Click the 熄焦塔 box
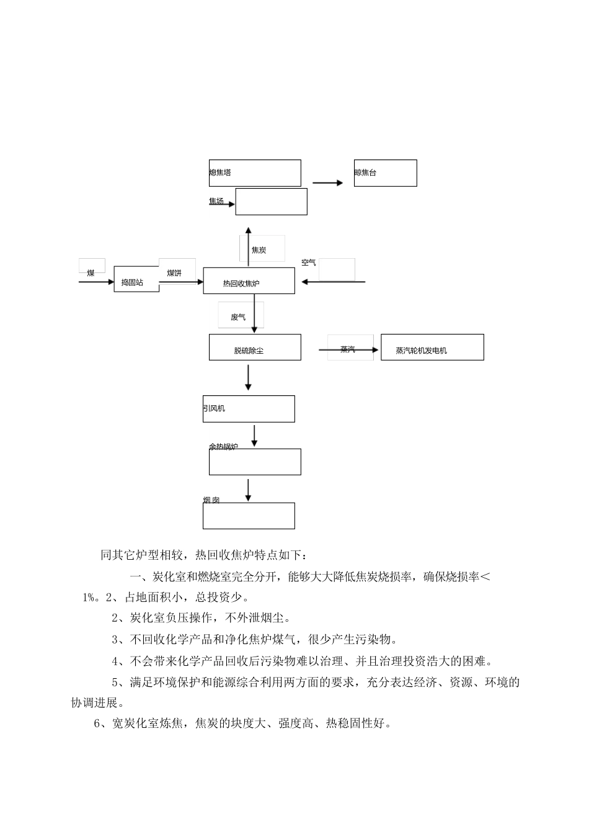255,173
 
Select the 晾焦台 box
385,173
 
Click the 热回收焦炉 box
249,281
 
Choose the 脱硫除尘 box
255,347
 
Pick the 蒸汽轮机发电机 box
432,347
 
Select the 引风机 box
249,409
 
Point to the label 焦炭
259,250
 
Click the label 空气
309,262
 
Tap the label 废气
238,317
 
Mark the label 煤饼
174,273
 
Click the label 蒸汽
348,350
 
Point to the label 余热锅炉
223,447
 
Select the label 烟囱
211,500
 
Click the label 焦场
216,201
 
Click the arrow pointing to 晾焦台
327,182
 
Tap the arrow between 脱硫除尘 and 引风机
249,377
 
